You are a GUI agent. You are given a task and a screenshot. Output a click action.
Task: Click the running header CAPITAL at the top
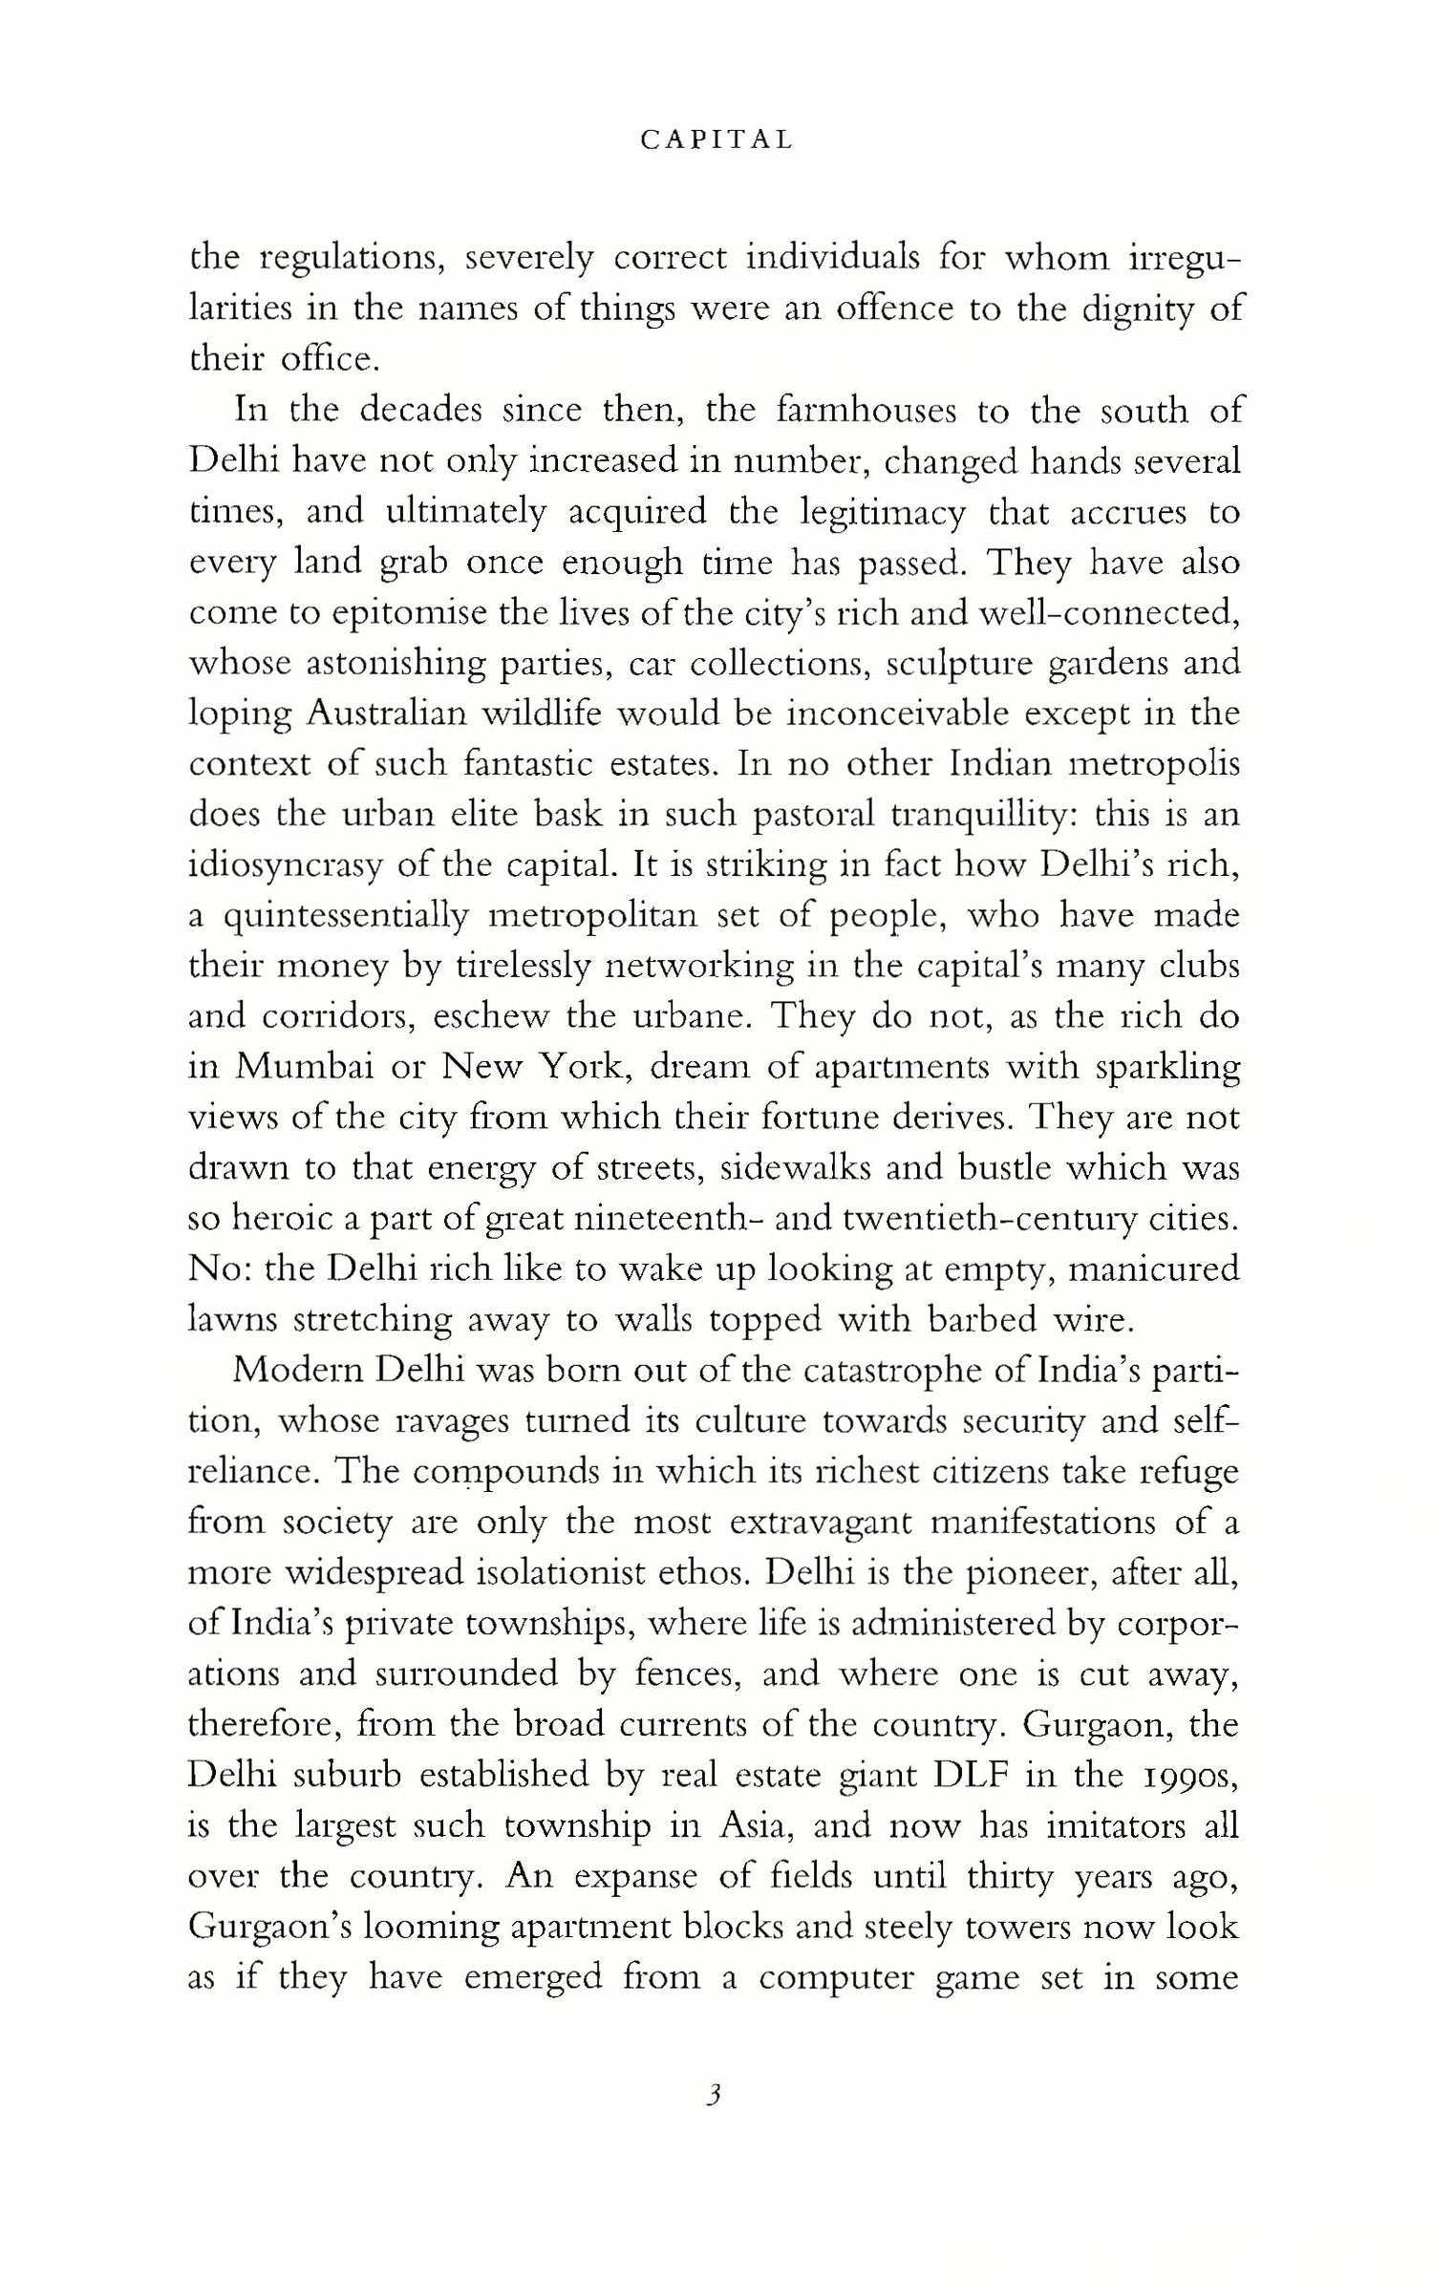[x=716, y=140]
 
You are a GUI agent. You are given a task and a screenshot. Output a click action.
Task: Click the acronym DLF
[x=973, y=1775]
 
